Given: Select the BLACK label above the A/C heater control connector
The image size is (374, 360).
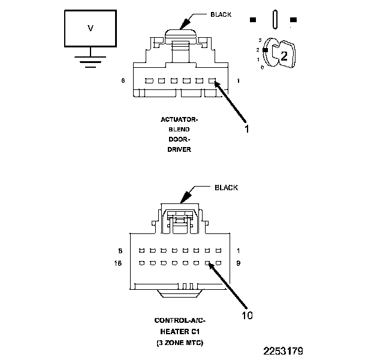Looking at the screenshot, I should pos(226,188).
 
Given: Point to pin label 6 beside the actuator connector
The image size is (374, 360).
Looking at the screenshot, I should pos(123,80).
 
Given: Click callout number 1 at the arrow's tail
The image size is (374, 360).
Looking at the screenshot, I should pos(246,128).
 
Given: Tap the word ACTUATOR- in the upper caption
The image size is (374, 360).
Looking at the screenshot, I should pos(179,119).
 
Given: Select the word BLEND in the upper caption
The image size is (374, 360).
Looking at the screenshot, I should pos(179,130).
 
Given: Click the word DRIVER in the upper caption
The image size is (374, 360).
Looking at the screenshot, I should pos(179,149).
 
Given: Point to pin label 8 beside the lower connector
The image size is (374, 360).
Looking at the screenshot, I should pos(121,250).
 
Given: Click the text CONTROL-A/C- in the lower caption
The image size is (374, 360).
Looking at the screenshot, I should pos(180,321).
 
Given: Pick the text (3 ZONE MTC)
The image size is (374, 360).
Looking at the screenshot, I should pos(180,342).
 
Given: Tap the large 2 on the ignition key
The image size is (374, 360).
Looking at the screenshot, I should pos(284,56).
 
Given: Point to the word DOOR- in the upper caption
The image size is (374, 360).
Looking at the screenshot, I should pos(179,139).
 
